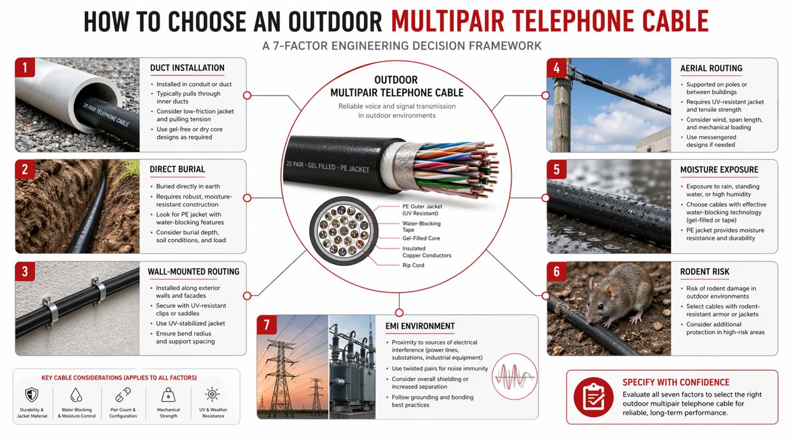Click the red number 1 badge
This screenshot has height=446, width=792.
(x=24, y=68)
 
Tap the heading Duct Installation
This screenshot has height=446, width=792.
(x=187, y=68)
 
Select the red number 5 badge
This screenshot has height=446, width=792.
(x=556, y=169)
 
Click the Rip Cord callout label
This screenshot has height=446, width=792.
(x=413, y=265)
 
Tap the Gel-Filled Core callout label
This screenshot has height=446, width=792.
(x=422, y=238)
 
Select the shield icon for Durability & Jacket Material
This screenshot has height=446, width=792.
(x=31, y=394)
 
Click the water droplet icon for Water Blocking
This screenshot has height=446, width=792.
(x=76, y=394)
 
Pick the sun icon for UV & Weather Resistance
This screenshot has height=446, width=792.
(x=213, y=394)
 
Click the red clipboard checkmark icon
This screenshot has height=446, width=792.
(x=593, y=397)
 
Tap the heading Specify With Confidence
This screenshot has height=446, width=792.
(x=676, y=382)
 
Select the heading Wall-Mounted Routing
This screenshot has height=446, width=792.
(x=194, y=272)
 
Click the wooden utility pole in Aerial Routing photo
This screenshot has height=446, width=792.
(x=561, y=109)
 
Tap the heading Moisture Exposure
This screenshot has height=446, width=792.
(x=719, y=169)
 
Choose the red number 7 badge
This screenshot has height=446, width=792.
(x=266, y=325)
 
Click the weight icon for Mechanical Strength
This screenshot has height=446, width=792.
(x=169, y=394)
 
